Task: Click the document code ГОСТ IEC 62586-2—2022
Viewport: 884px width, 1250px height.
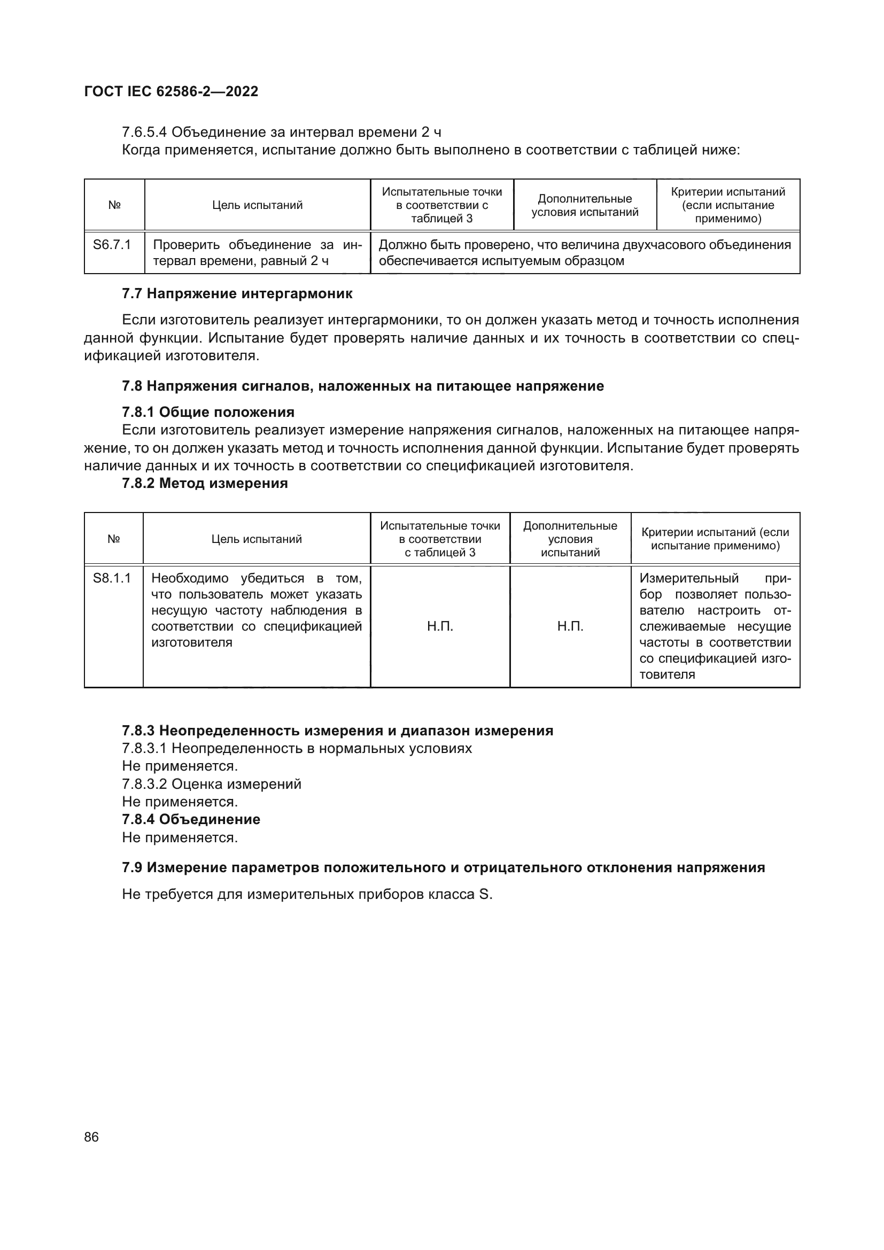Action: pyautogui.click(x=171, y=91)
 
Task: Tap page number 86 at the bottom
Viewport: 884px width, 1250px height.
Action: pyautogui.click(x=91, y=1137)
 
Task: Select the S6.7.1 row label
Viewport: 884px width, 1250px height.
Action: pyautogui.click(x=112, y=244)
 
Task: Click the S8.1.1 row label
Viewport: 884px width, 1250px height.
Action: pyautogui.click(x=112, y=578)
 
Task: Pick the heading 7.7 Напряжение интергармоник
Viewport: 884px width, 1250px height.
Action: pyautogui.click(x=237, y=294)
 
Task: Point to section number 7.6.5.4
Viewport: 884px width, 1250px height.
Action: pyautogui.click(x=144, y=133)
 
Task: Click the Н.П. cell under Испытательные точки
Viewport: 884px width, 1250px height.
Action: pyautogui.click(x=440, y=627)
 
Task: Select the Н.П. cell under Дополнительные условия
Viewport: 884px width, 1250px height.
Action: pyautogui.click(x=570, y=627)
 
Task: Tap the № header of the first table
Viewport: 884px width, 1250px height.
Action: pyautogui.click(x=114, y=205)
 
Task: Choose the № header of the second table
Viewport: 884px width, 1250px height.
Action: pyautogui.click(x=113, y=539)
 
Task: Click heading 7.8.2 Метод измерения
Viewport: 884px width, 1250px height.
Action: pyautogui.click(x=205, y=484)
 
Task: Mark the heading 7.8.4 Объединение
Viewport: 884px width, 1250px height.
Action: pyautogui.click(x=191, y=819)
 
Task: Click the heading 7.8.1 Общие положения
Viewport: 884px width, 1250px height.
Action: pyautogui.click(x=208, y=412)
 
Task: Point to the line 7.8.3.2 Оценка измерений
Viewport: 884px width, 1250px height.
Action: pyautogui.click(x=211, y=784)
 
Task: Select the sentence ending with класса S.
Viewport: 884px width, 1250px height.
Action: pyautogui.click(x=307, y=895)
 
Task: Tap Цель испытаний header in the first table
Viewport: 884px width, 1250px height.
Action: pyautogui.click(x=257, y=205)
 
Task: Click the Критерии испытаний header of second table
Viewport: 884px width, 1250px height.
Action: pyautogui.click(x=715, y=539)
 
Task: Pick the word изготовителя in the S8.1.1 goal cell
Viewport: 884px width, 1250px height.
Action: pyautogui.click(x=192, y=642)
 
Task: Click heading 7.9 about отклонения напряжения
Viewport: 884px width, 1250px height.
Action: pyautogui.click(x=443, y=867)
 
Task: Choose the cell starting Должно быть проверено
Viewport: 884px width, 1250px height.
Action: pyautogui.click(x=585, y=253)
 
